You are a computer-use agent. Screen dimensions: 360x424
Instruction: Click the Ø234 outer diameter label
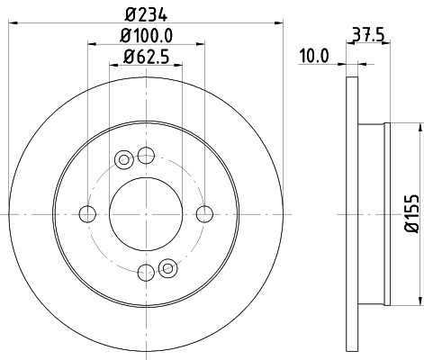point(147,13)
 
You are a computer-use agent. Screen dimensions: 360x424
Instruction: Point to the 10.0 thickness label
point(314,56)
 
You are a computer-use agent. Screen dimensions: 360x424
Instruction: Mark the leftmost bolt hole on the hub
point(87,213)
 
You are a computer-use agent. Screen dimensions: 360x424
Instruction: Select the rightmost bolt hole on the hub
point(206,213)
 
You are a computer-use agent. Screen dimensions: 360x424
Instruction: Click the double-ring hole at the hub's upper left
point(124,159)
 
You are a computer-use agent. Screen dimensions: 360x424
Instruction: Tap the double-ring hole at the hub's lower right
point(167,266)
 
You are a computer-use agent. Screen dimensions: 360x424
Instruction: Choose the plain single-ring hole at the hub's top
point(147,154)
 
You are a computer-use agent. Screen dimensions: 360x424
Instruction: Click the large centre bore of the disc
point(147,213)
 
